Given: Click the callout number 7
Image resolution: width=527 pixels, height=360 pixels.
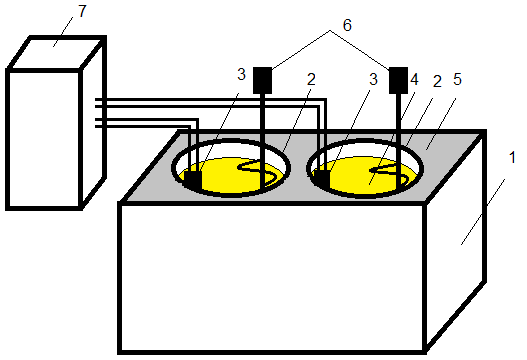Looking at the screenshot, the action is pyautogui.click(x=82, y=11).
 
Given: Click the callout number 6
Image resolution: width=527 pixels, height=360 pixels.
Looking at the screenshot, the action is pyautogui.click(x=347, y=25).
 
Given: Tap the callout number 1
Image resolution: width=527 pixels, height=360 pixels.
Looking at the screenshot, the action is pyautogui.click(x=512, y=157).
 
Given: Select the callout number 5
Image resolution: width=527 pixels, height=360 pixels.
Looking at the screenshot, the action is pyautogui.click(x=457, y=79).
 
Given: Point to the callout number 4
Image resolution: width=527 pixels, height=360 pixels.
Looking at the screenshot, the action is pyautogui.click(x=414, y=79).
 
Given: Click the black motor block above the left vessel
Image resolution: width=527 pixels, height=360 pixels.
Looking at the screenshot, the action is pyautogui.click(x=262, y=80).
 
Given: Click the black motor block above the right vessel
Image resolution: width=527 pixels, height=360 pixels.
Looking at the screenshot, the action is pyautogui.click(x=398, y=80).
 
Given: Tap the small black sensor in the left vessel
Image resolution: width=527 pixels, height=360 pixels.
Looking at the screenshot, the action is pyautogui.click(x=193, y=180).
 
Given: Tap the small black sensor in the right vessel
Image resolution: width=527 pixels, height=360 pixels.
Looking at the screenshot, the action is pyautogui.click(x=322, y=178).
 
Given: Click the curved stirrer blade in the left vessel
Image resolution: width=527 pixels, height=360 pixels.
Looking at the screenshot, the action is pyautogui.click(x=260, y=173).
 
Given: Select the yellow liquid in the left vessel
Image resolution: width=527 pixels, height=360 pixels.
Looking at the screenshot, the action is pyautogui.click(x=229, y=176).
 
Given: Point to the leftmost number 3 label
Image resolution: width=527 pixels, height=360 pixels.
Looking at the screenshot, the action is pyautogui.click(x=241, y=74).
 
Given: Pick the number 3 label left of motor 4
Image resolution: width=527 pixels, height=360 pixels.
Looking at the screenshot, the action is pyautogui.click(x=373, y=79).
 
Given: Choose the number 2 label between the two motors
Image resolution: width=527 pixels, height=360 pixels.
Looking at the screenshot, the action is pyautogui.click(x=312, y=79).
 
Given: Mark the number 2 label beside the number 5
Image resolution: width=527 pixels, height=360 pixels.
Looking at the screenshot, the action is pyautogui.click(x=437, y=81).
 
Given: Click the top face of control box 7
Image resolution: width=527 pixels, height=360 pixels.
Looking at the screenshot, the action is pyautogui.click(x=56, y=53).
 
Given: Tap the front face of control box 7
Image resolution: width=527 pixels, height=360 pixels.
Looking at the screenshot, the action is pyautogui.click(x=44, y=139).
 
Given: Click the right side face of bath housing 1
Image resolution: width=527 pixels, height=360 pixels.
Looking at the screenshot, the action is pyautogui.click(x=456, y=240).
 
